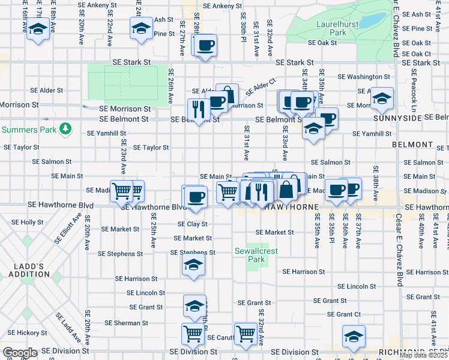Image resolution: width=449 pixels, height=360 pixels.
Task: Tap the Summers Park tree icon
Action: (x=64, y=129)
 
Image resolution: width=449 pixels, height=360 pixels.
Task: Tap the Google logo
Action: (x=20, y=353)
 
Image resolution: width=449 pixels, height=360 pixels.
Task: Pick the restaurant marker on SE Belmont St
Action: (x=198, y=109)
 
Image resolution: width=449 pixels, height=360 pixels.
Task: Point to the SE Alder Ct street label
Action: (x=259, y=86)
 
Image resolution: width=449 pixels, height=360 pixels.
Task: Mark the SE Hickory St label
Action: (x=23, y=332)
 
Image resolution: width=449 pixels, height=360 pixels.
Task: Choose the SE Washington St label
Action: (x=364, y=77)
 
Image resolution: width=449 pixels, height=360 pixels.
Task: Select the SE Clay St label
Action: (x=192, y=224)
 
